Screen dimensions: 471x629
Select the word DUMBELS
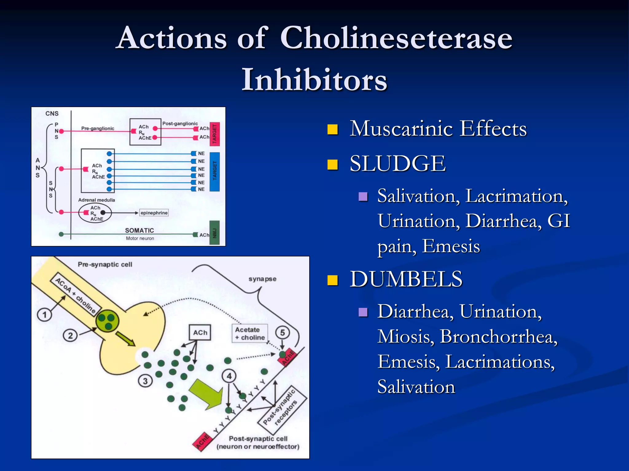pos(406,279)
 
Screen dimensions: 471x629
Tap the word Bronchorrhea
pos(498,337)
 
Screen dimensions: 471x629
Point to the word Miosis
pos(406,337)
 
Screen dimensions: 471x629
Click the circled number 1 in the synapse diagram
pos(45,315)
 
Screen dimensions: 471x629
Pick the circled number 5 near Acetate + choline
pos(282,333)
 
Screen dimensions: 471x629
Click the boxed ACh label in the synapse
pos(200,333)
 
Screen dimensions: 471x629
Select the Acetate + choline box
pos(250,334)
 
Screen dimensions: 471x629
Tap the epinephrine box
pos(154,213)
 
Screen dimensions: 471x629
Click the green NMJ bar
pos(215,233)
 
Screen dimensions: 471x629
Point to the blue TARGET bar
pos(215,171)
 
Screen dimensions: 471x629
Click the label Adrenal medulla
pos(96,200)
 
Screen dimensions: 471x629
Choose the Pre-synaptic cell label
pos(105,264)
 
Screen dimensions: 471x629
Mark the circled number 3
pos(145,381)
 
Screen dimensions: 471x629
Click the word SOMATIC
pos(139,230)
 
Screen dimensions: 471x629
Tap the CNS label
pos(52,113)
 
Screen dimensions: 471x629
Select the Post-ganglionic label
pos(180,124)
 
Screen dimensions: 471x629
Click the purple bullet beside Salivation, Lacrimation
pos(363,197)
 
